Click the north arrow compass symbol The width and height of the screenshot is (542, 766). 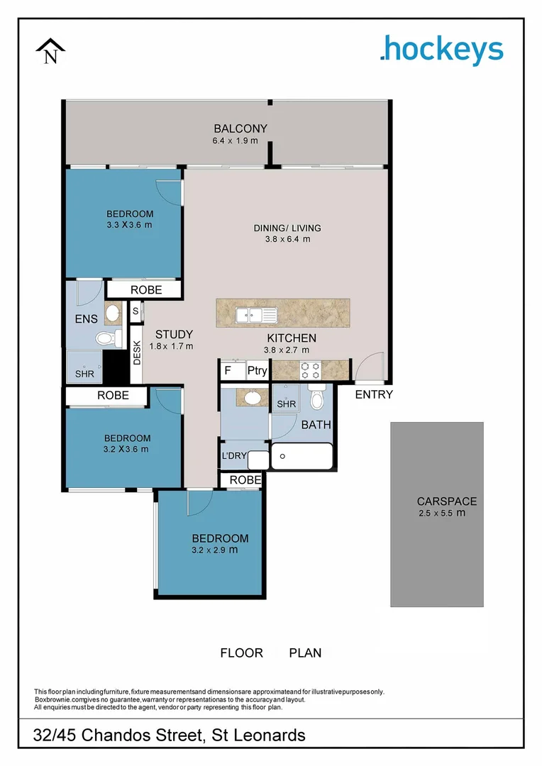[x=50, y=51]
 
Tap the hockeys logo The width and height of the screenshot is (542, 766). [x=441, y=50]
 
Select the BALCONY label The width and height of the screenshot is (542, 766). [x=240, y=128]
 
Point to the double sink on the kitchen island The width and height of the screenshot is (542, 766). [x=257, y=314]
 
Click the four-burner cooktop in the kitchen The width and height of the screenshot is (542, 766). [x=311, y=370]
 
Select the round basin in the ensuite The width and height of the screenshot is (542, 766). [x=112, y=312]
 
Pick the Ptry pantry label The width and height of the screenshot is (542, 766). [x=256, y=371]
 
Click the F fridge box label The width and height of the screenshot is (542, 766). [x=228, y=371]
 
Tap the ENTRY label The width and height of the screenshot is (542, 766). [x=373, y=394]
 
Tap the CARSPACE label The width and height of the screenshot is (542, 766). [x=447, y=501]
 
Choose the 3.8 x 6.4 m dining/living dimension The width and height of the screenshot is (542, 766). [x=287, y=239]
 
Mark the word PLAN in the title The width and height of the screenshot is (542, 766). [x=305, y=653]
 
